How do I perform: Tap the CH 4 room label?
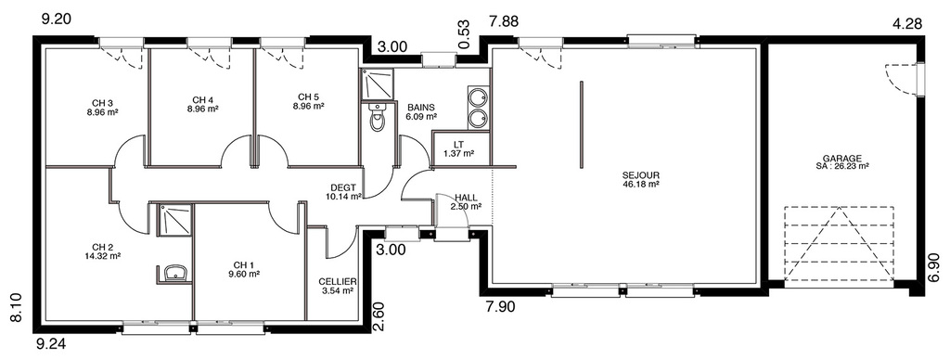203,100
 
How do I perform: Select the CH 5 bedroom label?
308,97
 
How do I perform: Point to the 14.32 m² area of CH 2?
102,256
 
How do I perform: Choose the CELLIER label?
338,282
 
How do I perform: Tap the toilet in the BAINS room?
378,117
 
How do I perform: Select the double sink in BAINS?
479,108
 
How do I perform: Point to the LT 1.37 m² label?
458,149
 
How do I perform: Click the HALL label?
466,198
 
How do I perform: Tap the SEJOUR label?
640,175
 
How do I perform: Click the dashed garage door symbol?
839,245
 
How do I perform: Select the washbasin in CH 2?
175,274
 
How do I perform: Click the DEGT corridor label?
342,187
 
